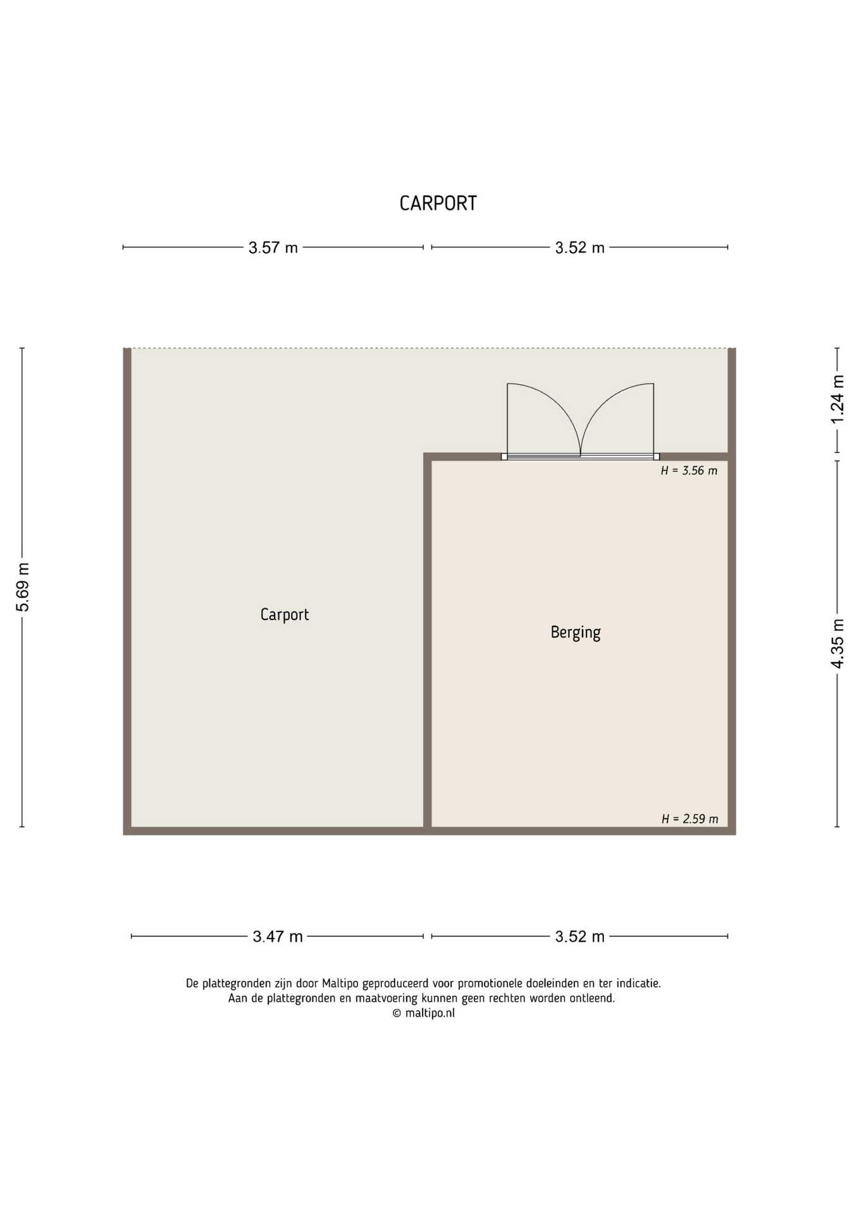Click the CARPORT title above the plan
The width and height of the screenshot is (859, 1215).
[x=438, y=203]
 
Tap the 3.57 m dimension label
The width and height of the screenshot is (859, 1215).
[x=273, y=247]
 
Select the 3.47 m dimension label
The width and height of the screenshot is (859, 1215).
[x=278, y=936]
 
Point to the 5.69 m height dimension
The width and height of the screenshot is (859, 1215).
[x=23, y=587]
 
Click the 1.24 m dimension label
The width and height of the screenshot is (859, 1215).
[x=837, y=399]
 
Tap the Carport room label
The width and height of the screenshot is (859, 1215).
[x=285, y=614]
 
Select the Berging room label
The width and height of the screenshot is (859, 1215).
[x=576, y=632]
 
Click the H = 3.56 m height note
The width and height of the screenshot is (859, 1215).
[x=689, y=471]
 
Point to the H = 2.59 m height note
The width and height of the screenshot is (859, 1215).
[x=689, y=819]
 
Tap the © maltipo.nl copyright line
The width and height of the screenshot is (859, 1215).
[x=423, y=1013]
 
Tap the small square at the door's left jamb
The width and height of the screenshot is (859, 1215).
[x=504, y=456]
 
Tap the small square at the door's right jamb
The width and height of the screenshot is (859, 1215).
[x=657, y=456]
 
